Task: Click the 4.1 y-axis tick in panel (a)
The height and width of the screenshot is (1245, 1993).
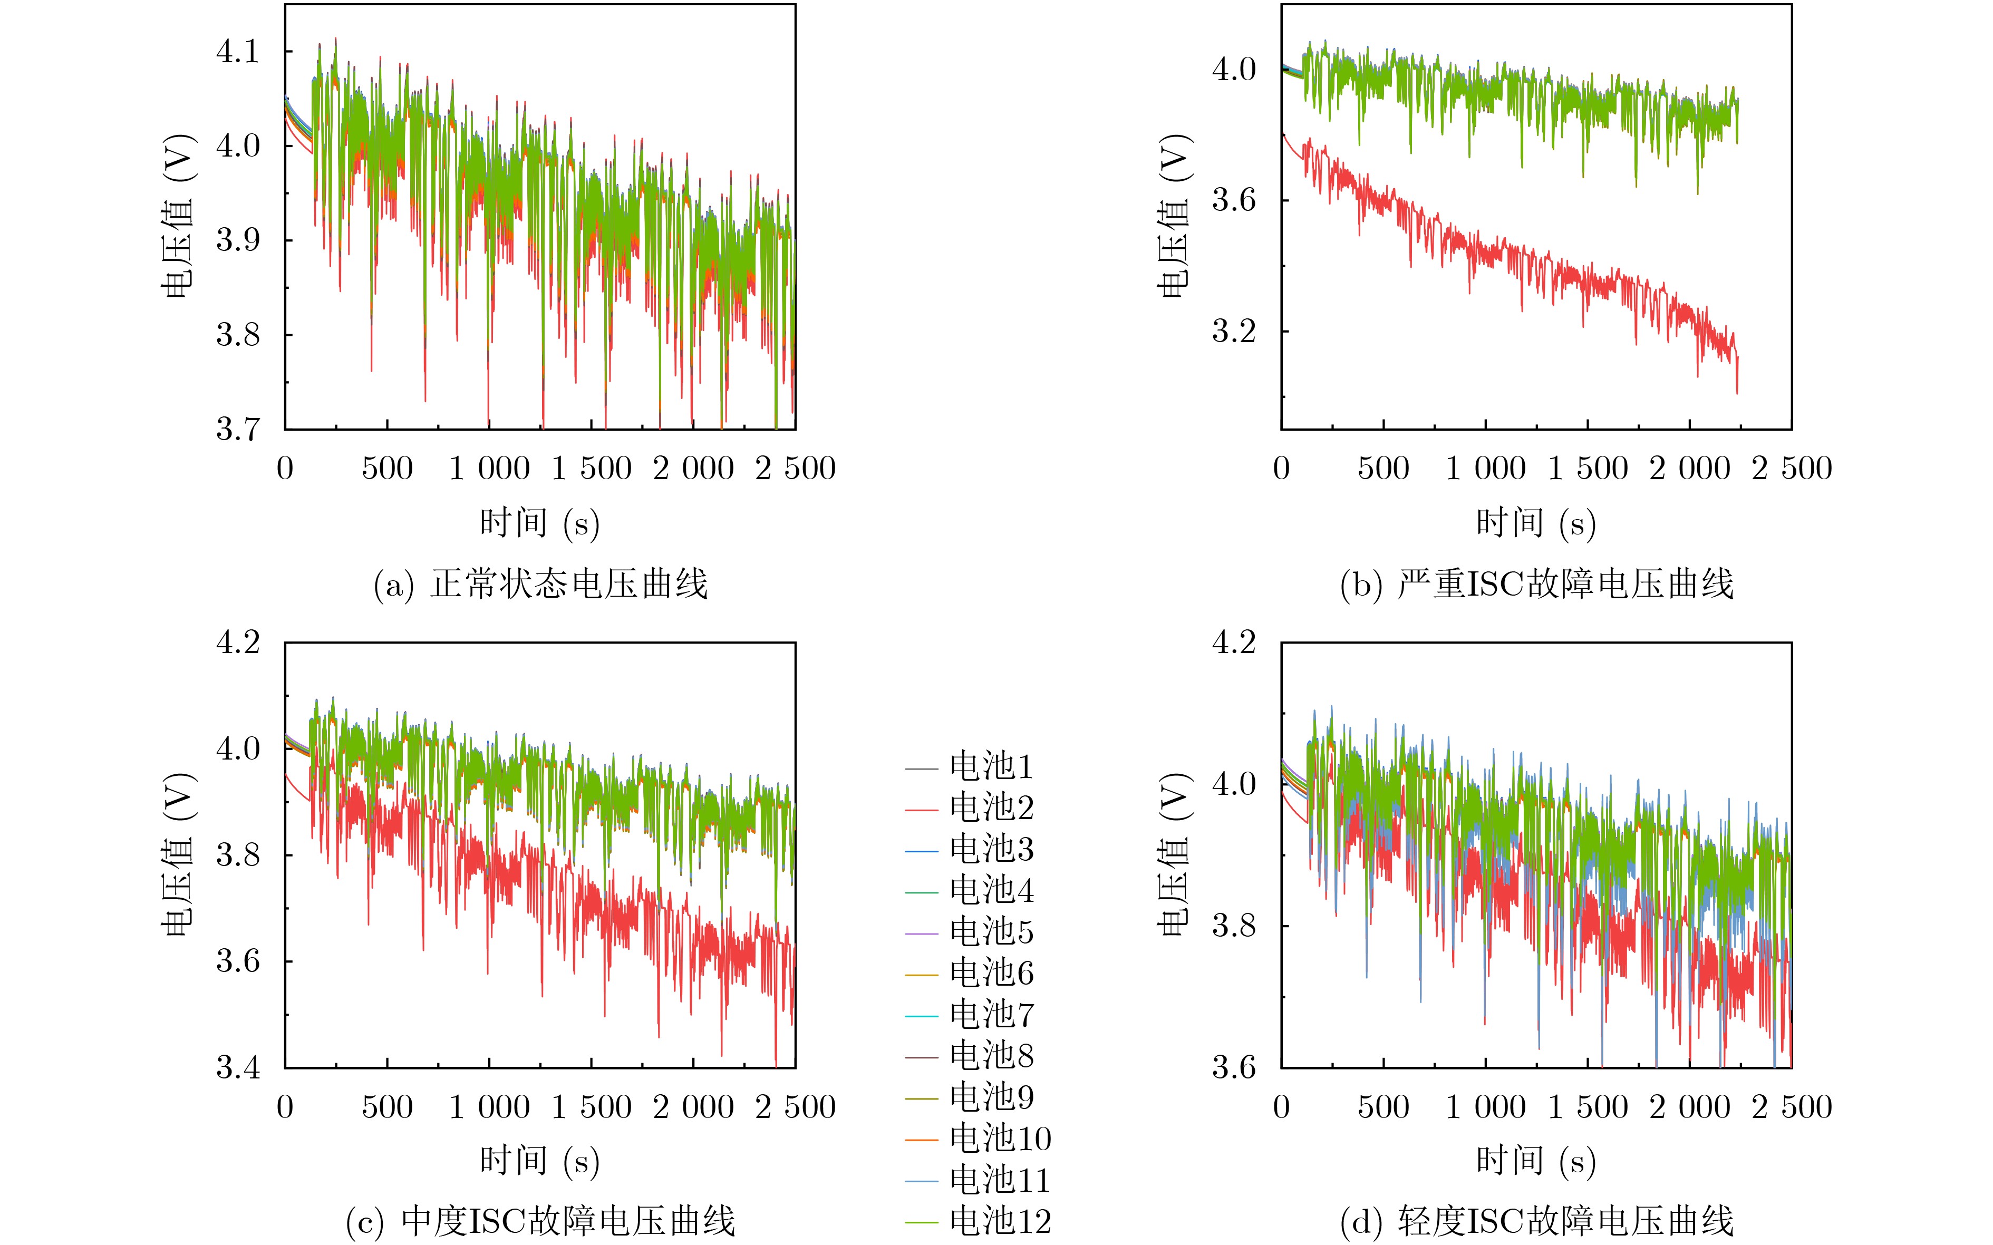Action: pyautogui.click(x=237, y=52)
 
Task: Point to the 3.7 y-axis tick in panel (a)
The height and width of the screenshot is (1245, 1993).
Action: pyautogui.click(x=237, y=430)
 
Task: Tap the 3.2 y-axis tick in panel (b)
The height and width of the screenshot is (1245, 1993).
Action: pyautogui.click(x=1234, y=331)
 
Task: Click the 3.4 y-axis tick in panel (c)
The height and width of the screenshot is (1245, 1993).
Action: pyautogui.click(x=237, y=1068)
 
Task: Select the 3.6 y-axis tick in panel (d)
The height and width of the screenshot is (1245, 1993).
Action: pyautogui.click(x=1234, y=1068)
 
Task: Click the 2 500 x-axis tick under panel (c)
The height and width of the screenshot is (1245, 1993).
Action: pyautogui.click(x=796, y=1107)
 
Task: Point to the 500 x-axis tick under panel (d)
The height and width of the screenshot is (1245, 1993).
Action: pyautogui.click(x=1384, y=1107)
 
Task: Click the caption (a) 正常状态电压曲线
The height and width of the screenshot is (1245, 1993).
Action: pyautogui.click(x=540, y=585)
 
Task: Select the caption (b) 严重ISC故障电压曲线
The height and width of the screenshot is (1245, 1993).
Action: pyautogui.click(x=1537, y=585)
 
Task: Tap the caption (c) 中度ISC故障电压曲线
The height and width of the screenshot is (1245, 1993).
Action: pyautogui.click(x=540, y=1222)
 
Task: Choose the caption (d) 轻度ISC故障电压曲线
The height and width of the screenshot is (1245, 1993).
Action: pyautogui.click(x=1537, y=1222)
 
